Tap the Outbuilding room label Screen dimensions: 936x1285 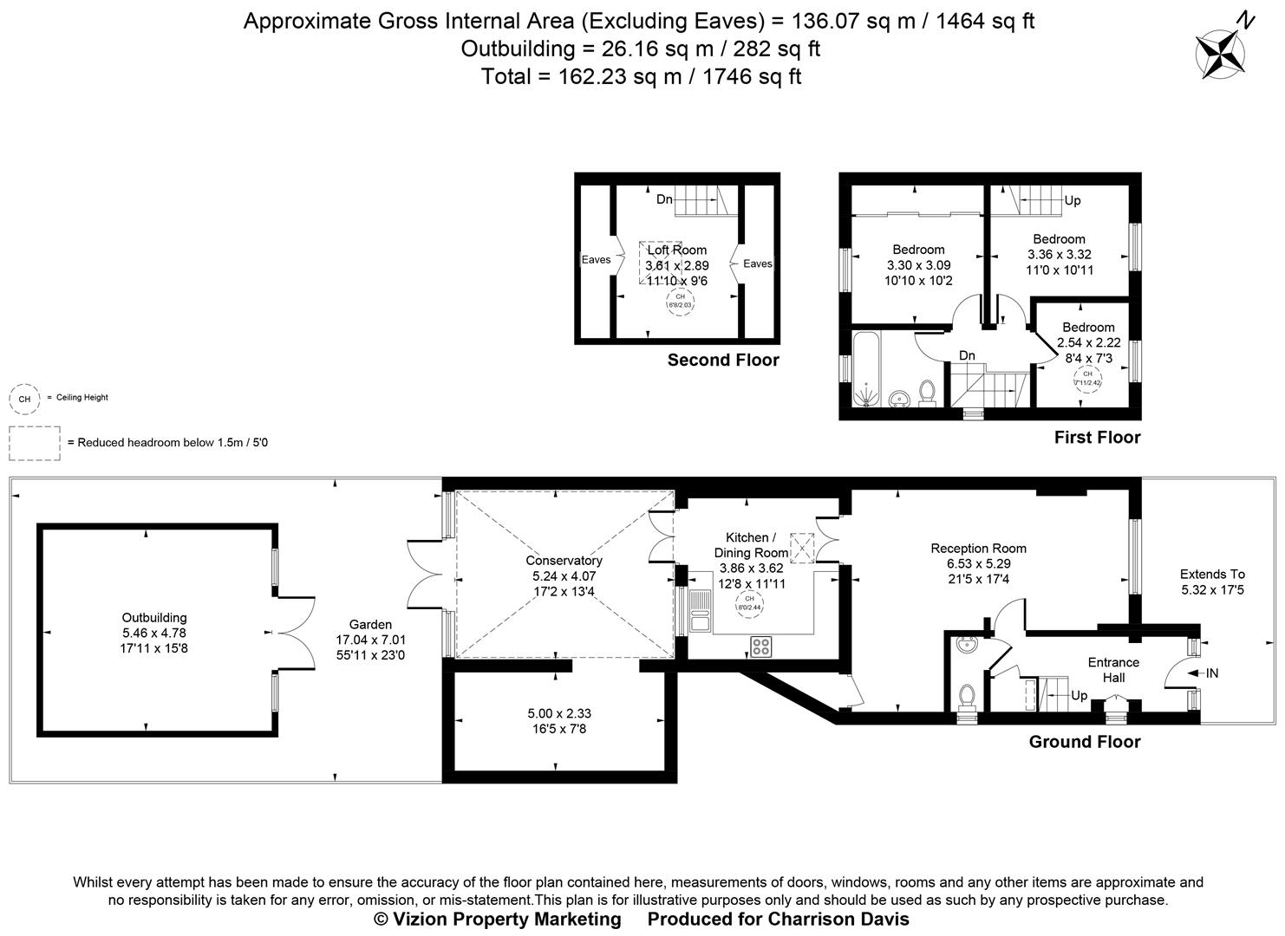click(x=154, y=618)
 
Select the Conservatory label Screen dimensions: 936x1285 click(x=564, y=561)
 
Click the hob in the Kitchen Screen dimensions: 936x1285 click(x=761, y=646)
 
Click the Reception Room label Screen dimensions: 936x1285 click(x=978, y=548)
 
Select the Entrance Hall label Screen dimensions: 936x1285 click(x=1113, y=670)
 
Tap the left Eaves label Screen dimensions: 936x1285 click(x=596, y=260)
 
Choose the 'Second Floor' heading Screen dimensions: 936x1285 click(x=722, y=360)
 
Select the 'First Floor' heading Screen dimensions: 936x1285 click(x=1097, y=438)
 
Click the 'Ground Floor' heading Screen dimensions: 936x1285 click(x=1084, y=742)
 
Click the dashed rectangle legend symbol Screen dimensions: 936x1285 click(x=35, y=443)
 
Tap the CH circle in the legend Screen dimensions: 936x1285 click(x=24, y=398)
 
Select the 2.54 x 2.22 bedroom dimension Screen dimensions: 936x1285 click(x=1088, y=342)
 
